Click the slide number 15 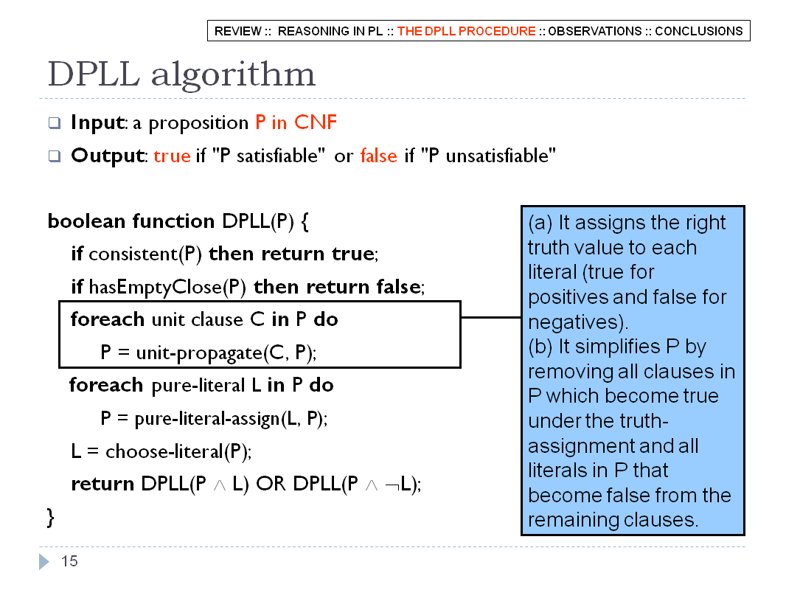click(69, 561)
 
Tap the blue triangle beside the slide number click(44, 561)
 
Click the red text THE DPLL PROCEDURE click(466, 31)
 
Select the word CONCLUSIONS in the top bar click(699, 31)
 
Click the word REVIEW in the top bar click(237, 31)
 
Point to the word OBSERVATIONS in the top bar click(594, 31)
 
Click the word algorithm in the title click(233, 74)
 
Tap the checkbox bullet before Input click(54, 123)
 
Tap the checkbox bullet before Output click(54, 156)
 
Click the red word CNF click(316, 122)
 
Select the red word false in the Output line click(378, 156)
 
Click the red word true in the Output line click(172, 156)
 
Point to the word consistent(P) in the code click(145, 254)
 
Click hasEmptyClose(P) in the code click(167, 287)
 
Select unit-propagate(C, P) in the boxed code click(225, 353)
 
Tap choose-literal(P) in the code click(178, 451)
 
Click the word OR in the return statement click(271, 484)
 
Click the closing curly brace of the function click(50, 517)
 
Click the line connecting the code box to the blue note click(491, 317)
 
